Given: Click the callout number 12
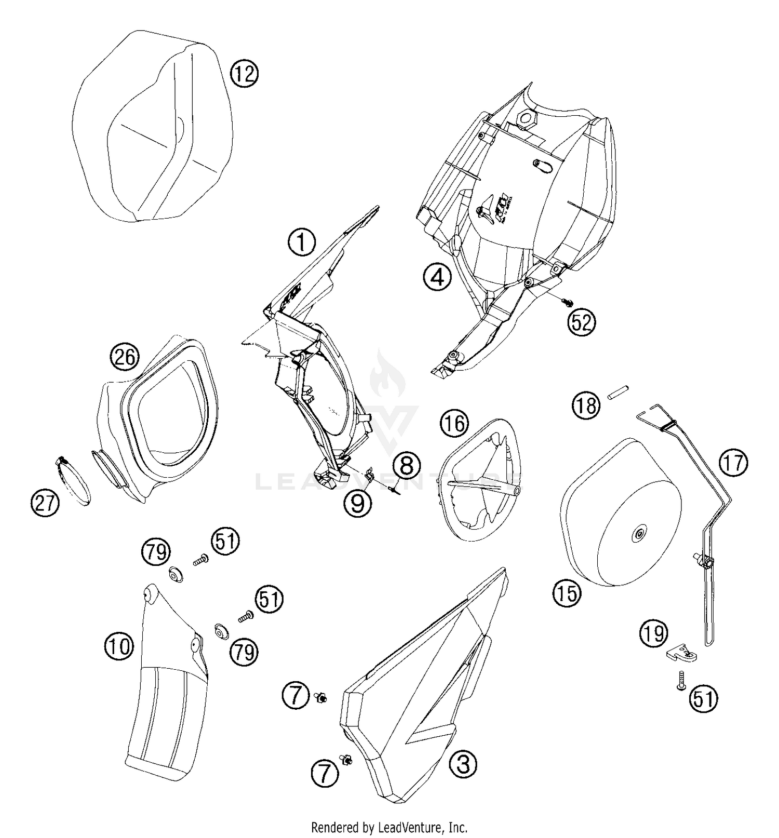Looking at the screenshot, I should (244, 74).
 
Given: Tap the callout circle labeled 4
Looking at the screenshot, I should (437, 277).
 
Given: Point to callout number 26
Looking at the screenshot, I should (125, 357).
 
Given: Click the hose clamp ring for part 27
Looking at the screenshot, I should (73, 480).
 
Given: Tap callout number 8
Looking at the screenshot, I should (406, 465).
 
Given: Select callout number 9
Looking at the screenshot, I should (358, 503).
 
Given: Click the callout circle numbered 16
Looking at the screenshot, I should (454, 424).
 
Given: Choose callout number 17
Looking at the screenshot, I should (733, 463).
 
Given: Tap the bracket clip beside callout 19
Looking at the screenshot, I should (681, 653).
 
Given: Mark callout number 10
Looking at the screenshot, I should (119, 646).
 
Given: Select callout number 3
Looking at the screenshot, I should (463, 764).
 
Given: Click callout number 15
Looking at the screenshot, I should (567, 592).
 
